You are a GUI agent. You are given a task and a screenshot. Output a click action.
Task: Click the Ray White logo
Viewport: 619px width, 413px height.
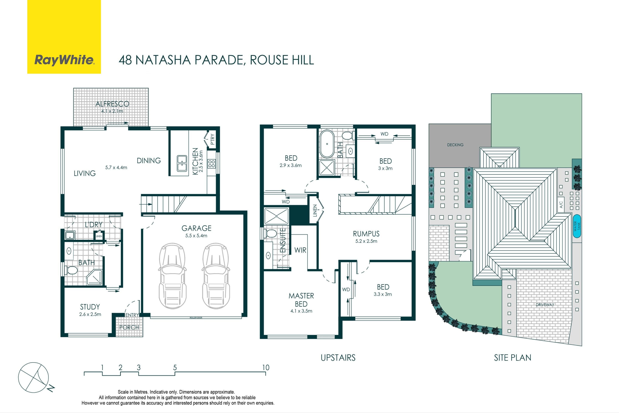click(x=64, y=37)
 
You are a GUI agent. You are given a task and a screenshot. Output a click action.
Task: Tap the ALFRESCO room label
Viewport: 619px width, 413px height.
click(x=112, y=104)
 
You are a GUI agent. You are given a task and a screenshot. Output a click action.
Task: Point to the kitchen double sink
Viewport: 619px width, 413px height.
click(x=182, y=163)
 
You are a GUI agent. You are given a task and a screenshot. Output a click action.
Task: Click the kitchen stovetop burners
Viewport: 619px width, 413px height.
click(x=212, y=164)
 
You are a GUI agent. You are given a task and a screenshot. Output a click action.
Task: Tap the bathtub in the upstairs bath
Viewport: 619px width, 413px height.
click(x=327, y=144)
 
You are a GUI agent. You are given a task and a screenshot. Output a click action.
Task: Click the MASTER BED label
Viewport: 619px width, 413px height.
click(x=301, y=300)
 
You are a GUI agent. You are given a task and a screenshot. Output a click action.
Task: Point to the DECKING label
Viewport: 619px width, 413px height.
click(x=455, y=145)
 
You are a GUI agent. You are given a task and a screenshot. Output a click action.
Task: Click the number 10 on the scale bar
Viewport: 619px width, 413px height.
click(x=266, y=367)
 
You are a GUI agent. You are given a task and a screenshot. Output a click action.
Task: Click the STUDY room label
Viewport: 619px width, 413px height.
click(x=90, y=307)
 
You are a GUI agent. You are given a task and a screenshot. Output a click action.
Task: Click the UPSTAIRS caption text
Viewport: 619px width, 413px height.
click(x=338, y=358)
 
